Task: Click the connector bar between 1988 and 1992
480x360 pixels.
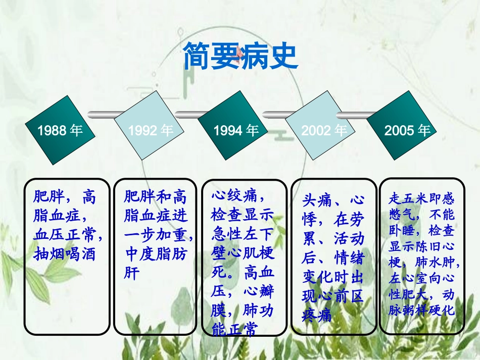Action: point(104,112)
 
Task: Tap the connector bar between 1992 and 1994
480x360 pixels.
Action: point(192,112)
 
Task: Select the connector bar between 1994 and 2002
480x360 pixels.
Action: point(281,112)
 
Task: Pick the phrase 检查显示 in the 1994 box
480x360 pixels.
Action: point(243,215)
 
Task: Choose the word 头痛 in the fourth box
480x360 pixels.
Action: point(317,200)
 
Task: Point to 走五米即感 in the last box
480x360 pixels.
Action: point(422,198)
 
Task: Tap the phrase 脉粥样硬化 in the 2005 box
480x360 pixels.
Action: point(422,310)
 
